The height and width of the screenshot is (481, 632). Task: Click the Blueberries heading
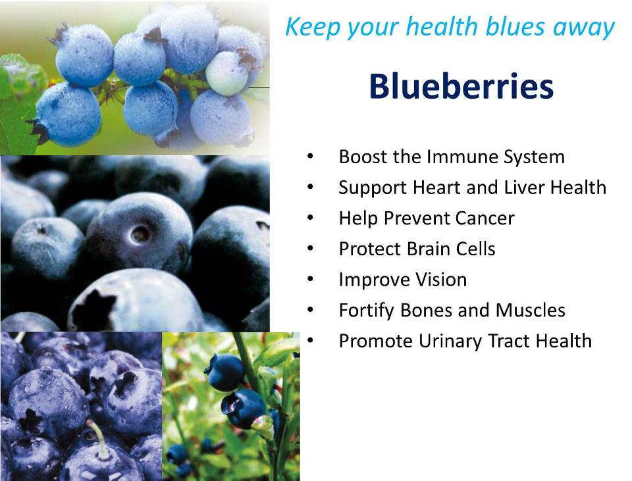[x=461, y=86]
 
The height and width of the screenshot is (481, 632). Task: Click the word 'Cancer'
[x=483, y=218]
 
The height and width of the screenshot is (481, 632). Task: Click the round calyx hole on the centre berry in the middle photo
[x=140, y=233]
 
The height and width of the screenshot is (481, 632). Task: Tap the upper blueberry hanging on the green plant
[x=225, y=370]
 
